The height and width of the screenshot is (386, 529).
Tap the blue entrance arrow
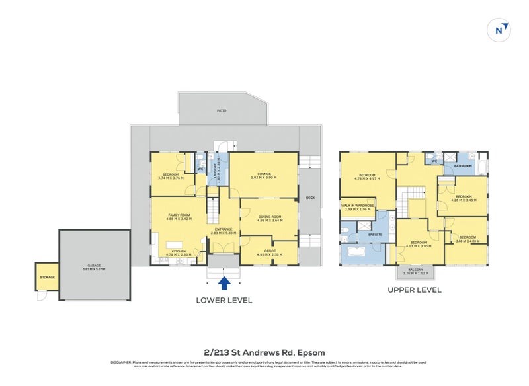click(224, 283)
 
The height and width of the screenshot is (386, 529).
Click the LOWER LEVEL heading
click(224, 300)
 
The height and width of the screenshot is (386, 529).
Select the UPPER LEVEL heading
click(415, 289)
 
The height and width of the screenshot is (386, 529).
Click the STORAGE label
click(48, 277)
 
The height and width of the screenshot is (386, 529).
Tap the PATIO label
click(222, 110)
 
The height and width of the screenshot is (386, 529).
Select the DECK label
click(309, 198)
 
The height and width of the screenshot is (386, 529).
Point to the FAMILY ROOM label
click(179, 215)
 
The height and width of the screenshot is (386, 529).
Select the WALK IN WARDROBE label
click(358, 206)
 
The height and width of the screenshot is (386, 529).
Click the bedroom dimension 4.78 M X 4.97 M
click(366, 178)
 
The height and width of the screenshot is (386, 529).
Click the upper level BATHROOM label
click(463, 166)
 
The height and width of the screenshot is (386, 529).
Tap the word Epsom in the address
click(311, 352)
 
